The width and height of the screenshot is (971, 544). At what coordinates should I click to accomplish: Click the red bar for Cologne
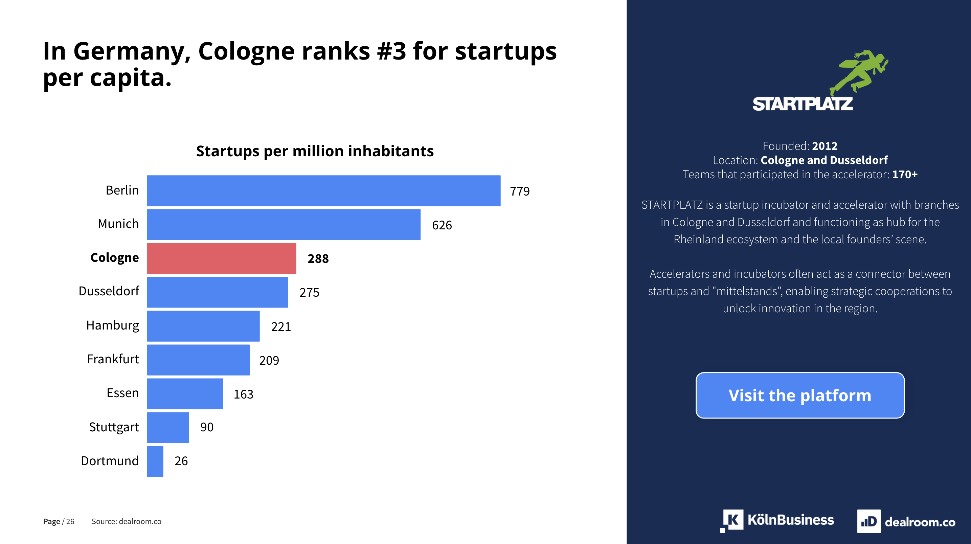(x=221, y=258)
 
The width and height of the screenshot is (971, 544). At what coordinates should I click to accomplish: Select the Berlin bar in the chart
(x=323, y=191)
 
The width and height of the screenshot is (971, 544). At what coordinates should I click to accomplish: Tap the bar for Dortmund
(x=155, y=461)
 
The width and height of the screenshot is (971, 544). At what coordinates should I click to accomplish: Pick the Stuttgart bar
(x=168, y=428)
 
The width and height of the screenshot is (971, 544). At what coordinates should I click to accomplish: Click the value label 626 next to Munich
(x=442, y=225)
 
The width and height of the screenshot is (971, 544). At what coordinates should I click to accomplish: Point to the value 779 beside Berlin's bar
(x=519, y=191)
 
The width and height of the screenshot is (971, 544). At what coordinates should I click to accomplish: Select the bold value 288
(x=318, y=258)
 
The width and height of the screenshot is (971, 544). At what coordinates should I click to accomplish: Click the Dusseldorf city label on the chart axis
(x=109, y=291)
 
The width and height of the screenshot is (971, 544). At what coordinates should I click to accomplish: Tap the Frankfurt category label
(x=113, y=359)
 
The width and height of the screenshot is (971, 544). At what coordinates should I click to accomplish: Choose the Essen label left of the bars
(x=122, y=393)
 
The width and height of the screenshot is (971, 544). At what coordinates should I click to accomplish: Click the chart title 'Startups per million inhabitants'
(x=315, y=151)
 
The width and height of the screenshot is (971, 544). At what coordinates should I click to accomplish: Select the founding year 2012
(x=825, y=146)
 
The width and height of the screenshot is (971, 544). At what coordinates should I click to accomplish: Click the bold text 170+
(x=904, y=174)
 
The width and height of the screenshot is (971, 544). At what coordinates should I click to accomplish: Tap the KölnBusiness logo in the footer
(x=777, y=521)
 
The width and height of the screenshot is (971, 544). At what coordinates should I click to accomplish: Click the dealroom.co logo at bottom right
(x=906, y=521)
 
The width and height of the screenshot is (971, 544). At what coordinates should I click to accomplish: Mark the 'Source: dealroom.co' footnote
(x=126, y=521)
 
